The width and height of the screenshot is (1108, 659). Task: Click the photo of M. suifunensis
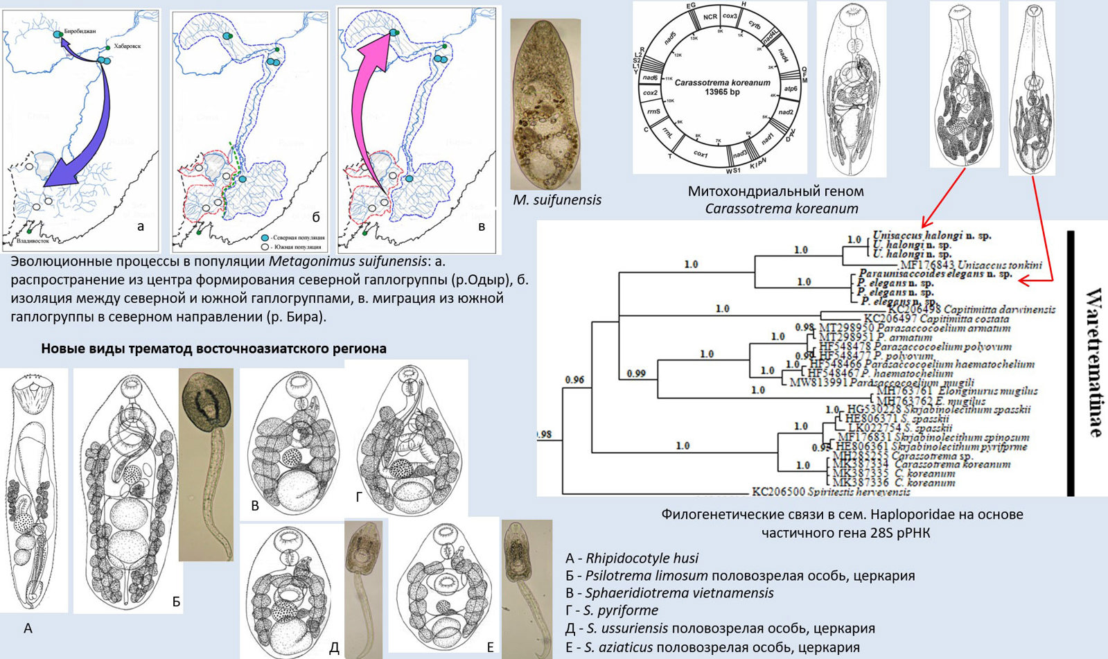545,104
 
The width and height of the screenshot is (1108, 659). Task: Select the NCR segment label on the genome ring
710,15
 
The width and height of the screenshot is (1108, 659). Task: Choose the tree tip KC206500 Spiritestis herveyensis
831,491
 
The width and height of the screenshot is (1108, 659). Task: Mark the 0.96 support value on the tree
574,380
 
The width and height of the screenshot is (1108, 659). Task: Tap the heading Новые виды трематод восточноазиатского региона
213,349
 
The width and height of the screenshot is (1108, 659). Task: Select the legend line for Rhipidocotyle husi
632,558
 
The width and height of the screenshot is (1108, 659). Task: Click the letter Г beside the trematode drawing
359,495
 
